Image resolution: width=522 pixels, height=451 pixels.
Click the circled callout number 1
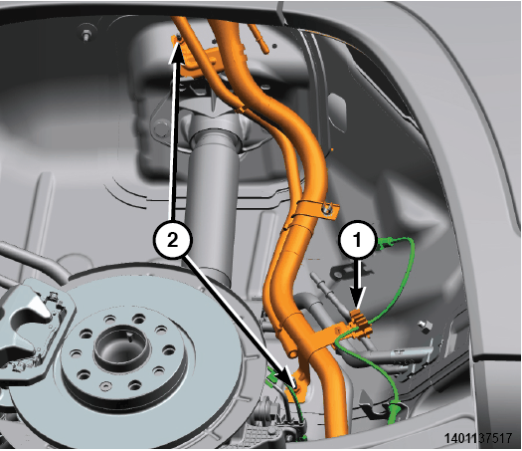358,239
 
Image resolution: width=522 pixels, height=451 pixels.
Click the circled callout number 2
172,239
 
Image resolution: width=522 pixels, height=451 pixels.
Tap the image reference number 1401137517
478,438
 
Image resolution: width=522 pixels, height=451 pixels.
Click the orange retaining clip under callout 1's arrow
360,325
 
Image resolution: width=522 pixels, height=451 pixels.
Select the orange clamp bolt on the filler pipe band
327,209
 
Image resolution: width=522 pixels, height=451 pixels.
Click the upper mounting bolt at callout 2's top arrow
179,39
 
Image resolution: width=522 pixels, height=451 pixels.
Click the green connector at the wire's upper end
386,243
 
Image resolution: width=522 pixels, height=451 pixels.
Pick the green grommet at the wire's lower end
395,412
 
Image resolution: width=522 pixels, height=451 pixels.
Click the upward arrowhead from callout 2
177,53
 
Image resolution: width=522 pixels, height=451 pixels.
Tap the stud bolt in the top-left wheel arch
86,35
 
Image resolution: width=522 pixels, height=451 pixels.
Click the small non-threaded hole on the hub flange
105,386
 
